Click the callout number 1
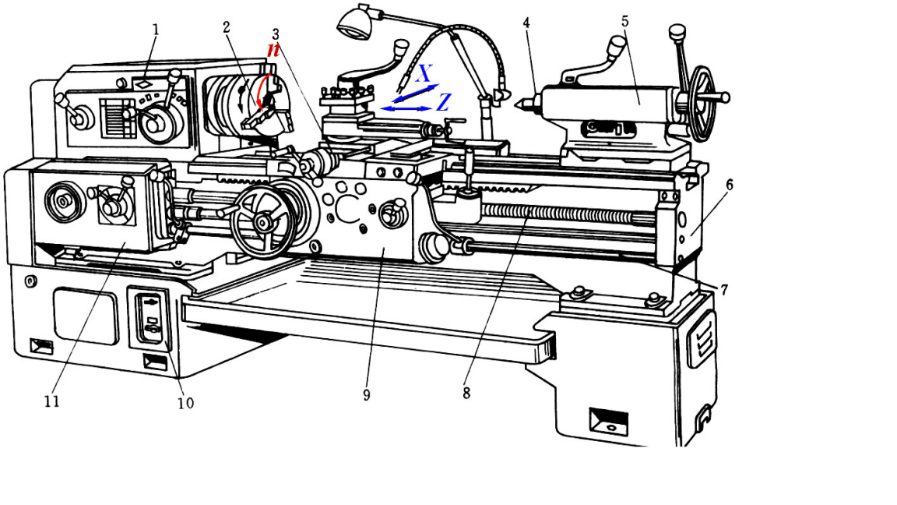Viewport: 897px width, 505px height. click(156, 30)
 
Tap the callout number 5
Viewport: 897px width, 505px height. click(625, 21)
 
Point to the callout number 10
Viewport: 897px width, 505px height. click(185, 403)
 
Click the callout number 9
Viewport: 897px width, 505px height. click(366, 395)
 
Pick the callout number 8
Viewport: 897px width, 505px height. click(466, 394)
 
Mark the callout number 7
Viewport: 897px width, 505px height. click(723, 290)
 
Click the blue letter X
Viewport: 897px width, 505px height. click(424, 74)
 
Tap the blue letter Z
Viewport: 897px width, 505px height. click(443, 102)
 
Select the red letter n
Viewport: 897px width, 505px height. click(273, 49)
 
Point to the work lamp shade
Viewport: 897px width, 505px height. click(354, 23)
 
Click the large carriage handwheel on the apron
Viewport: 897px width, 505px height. click(262, 221)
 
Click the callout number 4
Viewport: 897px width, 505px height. click(527, 23)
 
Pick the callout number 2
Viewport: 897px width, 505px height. click(227, 27)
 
